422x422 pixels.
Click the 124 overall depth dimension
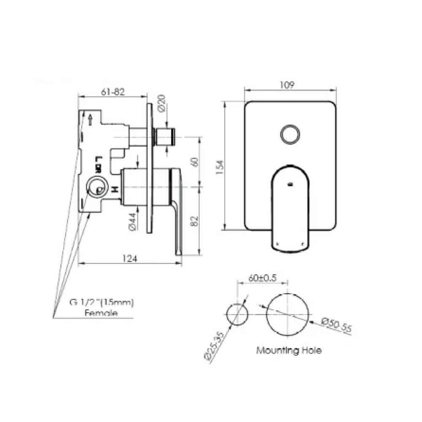130,259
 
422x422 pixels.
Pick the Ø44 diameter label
131,221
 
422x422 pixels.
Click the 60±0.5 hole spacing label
262,278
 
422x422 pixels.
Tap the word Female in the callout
101,313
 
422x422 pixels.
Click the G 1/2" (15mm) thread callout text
101,303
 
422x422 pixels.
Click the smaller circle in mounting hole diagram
237,314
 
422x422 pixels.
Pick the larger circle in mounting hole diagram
288,314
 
